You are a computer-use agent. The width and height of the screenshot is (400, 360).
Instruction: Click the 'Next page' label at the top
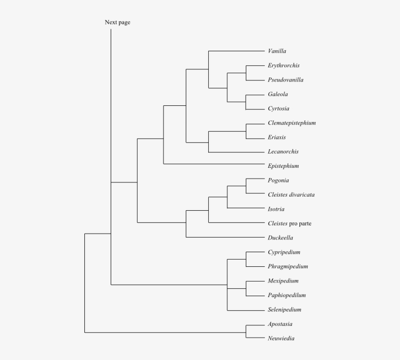click(118, 22)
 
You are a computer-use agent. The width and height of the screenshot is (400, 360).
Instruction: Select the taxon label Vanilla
click(277, 51)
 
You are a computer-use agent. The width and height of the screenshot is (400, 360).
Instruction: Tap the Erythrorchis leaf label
click(283, 65)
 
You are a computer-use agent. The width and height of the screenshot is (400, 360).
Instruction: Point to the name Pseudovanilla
click(285, 80)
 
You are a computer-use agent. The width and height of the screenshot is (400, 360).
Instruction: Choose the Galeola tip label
click(278, 94)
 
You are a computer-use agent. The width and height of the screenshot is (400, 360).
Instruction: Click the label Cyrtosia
click(279, 109)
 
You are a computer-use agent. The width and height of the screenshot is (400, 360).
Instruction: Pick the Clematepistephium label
click(292, 123)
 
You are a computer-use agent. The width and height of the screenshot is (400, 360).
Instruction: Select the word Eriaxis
click(277, 138)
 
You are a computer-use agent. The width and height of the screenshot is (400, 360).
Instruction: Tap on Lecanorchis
click(283, 152)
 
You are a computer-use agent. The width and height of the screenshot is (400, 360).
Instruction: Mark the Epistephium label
click(283, 166)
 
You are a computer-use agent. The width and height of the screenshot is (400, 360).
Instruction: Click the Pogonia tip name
click(278, 180)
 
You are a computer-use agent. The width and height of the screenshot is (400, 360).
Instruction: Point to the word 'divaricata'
click(301, 195)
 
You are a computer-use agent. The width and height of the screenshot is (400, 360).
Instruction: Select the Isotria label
click(276, 209)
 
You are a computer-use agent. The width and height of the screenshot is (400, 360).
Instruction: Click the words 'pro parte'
click(300, 224)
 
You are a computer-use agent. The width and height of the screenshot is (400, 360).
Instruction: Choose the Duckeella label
click(280, 238)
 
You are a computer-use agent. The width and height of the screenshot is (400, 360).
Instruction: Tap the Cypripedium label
click(284, 252)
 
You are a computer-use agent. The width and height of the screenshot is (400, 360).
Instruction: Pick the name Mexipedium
click(283, 281)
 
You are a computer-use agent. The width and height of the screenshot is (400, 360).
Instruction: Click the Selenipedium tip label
click(284, 310)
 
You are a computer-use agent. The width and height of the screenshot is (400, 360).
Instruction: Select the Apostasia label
click(280, 324)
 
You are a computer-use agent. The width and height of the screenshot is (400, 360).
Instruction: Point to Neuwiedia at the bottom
click(281, 339)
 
